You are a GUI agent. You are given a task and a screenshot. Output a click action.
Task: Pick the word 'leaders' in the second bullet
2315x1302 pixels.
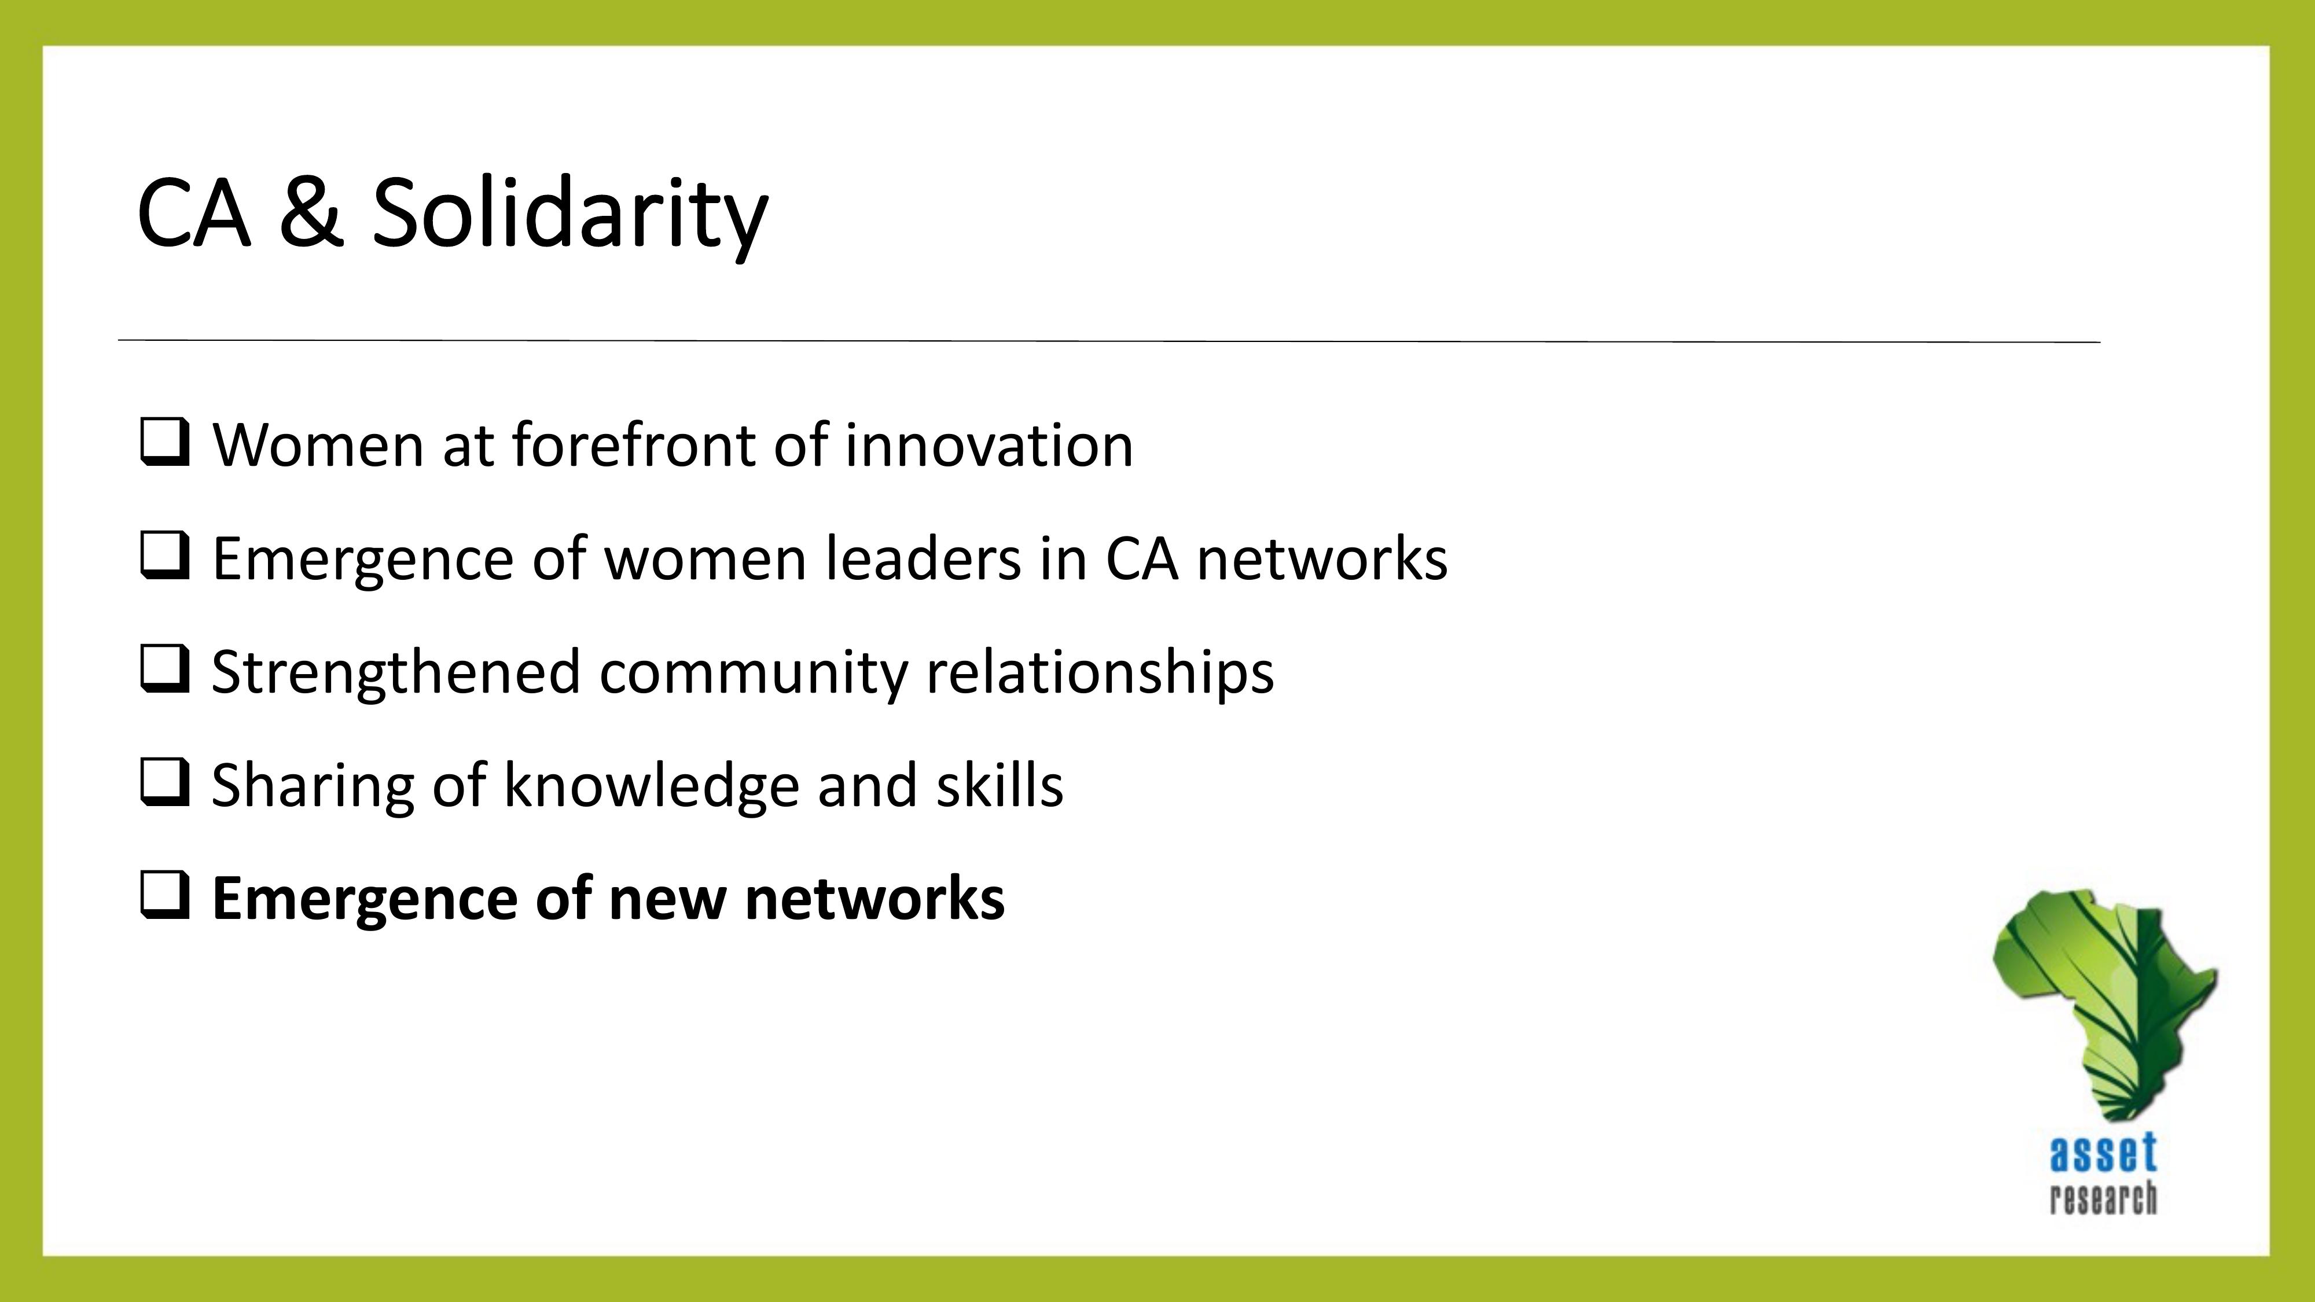[923, 557]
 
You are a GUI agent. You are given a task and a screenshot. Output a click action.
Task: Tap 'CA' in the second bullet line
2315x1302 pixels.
[1141, 558]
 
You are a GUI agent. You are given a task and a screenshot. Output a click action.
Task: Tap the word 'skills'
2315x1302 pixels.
[1000, 784]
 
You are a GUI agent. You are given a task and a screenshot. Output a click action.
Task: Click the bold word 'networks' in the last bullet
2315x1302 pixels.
[874, 897]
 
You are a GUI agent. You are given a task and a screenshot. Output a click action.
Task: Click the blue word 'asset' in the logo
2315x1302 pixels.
[2103, 1154]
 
